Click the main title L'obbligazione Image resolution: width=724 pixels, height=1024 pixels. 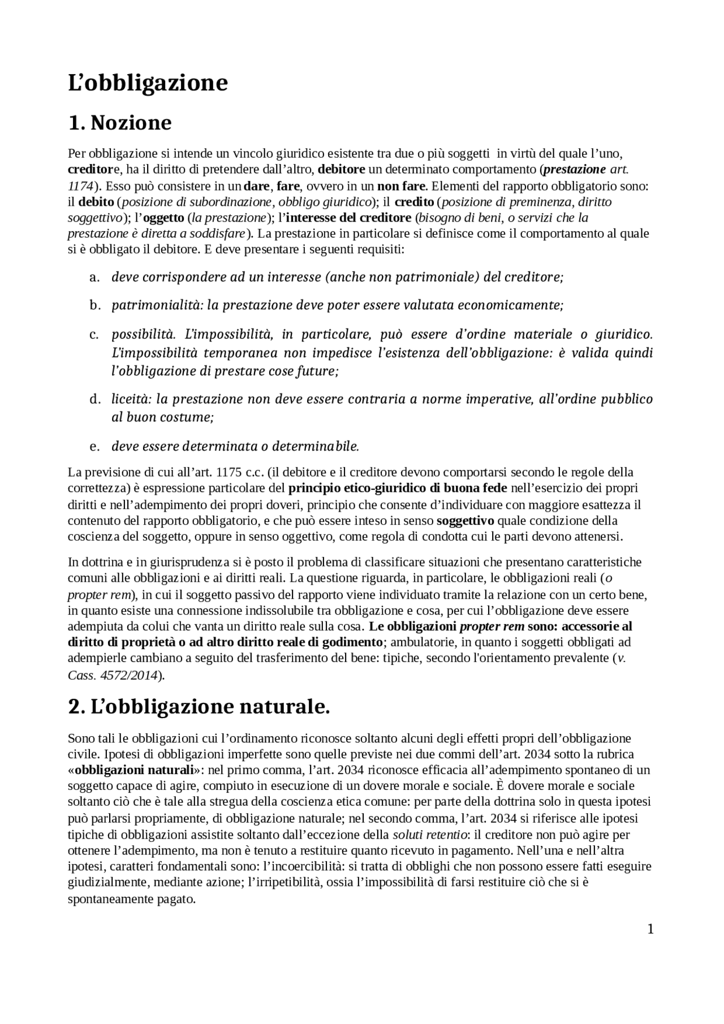point(148,83)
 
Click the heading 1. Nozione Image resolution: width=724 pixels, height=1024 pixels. point(119,122)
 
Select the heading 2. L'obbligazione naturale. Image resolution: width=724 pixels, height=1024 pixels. point(199,706)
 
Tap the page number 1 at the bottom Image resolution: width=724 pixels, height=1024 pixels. point(650,929)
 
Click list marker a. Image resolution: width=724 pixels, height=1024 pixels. point(94,277)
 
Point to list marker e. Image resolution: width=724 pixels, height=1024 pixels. point(94,446)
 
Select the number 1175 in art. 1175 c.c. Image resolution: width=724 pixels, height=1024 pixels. point(229,472)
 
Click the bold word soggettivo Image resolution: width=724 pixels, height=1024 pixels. point(466,520)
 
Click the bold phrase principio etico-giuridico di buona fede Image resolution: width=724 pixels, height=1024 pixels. point(398,488)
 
